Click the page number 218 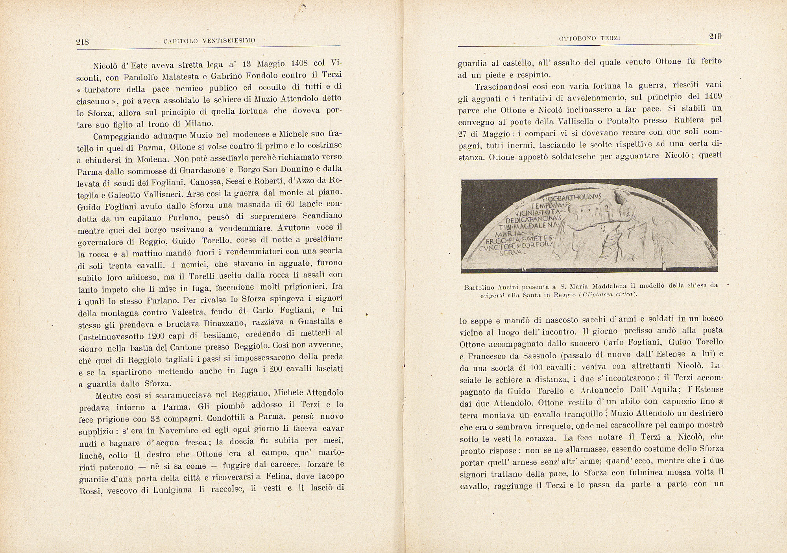click(83, 42)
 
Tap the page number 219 click(715, 37)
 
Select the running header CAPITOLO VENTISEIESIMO click(209, 40)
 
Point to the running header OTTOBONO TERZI click(584, 38)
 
